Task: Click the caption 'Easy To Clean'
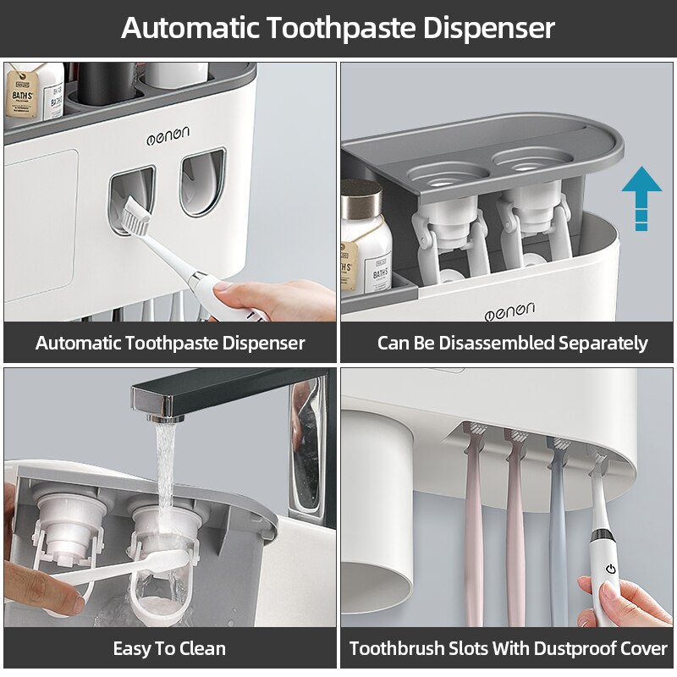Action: click(169, 649)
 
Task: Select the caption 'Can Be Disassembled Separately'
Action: click(512, 343)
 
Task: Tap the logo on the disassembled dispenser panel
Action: click(509, 312)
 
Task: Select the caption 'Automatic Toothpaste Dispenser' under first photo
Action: click(169, 343)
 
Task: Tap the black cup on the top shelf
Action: click(102, 85)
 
